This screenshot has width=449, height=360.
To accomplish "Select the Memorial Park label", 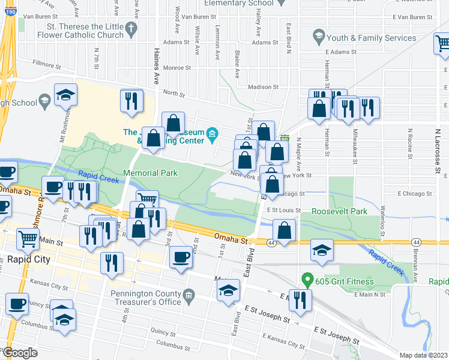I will [x=150, y=173].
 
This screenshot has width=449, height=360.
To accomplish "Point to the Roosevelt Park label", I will [x=339, y=212].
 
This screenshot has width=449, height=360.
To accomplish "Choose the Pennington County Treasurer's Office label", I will [x=137, y=297].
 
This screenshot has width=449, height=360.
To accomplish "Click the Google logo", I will [x=20, y=353].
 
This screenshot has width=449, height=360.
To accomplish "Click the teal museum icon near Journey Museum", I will [x=211, y=133].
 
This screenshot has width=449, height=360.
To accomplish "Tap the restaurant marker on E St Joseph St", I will [x=300, y=299].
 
